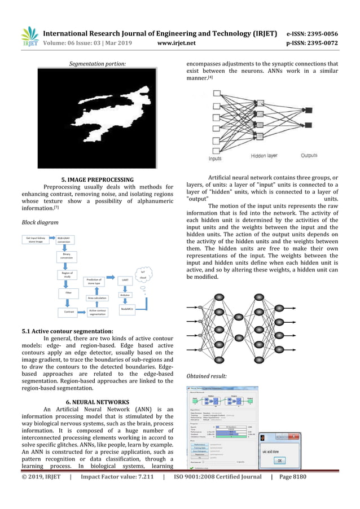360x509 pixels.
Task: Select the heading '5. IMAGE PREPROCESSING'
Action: tap(98, 180)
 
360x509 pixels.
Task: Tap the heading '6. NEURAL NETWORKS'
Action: tap(98, 402)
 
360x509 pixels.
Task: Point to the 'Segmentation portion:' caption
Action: tap(98, 65)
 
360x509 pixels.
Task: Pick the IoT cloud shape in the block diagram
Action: tap(143, 276)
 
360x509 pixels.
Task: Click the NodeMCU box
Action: tap(127, 309)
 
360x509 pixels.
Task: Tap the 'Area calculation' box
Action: tap(97, 297)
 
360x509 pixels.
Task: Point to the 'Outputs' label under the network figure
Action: tap(309, 155)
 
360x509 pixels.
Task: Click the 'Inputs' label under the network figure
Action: tap(215, 159)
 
